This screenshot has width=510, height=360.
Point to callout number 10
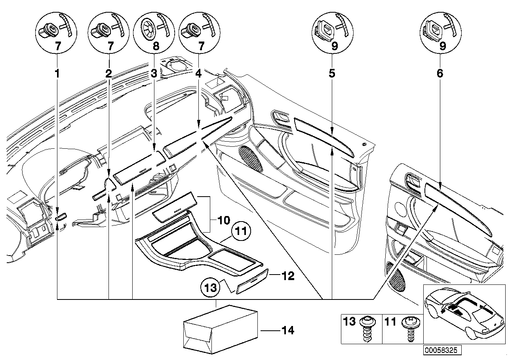coord(223,219)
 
